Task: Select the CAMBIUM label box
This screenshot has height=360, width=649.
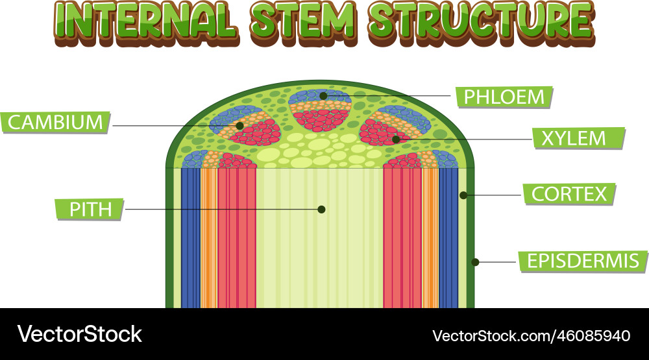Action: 55,122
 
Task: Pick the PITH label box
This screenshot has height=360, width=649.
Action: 87,209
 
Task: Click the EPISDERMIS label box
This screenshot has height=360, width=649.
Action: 583,261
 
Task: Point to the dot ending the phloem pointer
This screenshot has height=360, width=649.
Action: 323,96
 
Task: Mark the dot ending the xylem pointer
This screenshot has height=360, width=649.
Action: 396,139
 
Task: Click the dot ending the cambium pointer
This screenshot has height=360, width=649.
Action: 240,126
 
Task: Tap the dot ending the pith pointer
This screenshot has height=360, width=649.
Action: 321,209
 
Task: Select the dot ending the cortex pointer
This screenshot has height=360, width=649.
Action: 463,195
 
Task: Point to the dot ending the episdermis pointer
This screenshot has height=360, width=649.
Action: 475,262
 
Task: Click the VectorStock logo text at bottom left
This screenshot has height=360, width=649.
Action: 80,334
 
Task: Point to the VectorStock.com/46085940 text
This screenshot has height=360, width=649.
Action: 531,335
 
